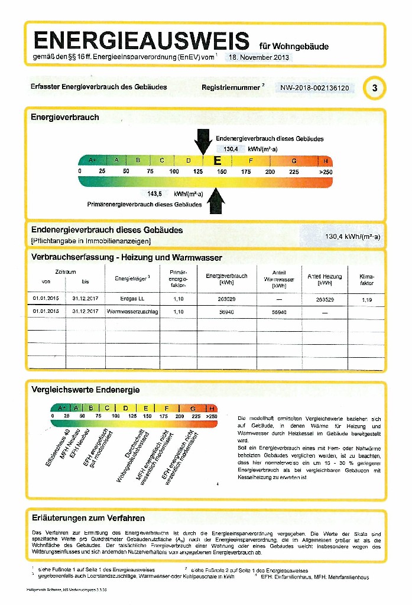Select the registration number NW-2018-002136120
[314, 88]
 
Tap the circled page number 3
[374, 88]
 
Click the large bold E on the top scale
[218, 161]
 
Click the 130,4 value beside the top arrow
[231, 149]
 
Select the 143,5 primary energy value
[155, 193]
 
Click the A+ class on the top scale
[92, 160]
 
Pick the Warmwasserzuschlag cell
[132, 311]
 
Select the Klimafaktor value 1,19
[367, 299]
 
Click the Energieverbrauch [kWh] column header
[226, 279]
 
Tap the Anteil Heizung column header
[325, 279]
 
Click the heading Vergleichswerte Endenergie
[85, 390]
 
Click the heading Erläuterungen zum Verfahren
[88, 518]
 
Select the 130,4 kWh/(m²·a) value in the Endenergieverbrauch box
[353, 237]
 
